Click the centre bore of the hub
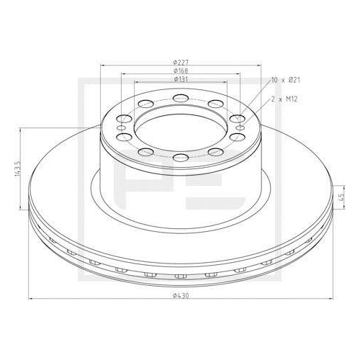pos(180,127)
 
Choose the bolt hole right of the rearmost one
pos(212,104)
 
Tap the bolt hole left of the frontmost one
pos(146,152)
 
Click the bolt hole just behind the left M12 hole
pos(125,117)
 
